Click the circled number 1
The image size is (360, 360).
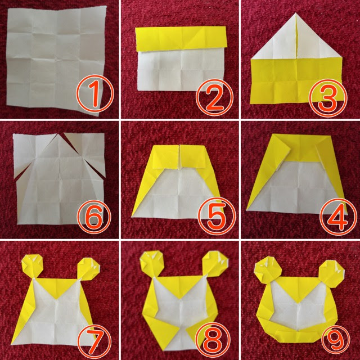95,94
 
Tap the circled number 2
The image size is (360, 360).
214,97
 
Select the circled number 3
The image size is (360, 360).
328,97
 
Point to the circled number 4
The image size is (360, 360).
338,218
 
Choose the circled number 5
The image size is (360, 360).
217,218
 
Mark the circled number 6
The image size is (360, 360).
94,217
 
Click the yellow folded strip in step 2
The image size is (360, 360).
181,39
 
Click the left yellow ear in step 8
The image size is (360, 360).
152,264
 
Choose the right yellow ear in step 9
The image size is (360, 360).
332,273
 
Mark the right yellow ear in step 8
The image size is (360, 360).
215,264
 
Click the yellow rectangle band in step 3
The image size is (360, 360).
296,81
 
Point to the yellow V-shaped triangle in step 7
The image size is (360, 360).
56,288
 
